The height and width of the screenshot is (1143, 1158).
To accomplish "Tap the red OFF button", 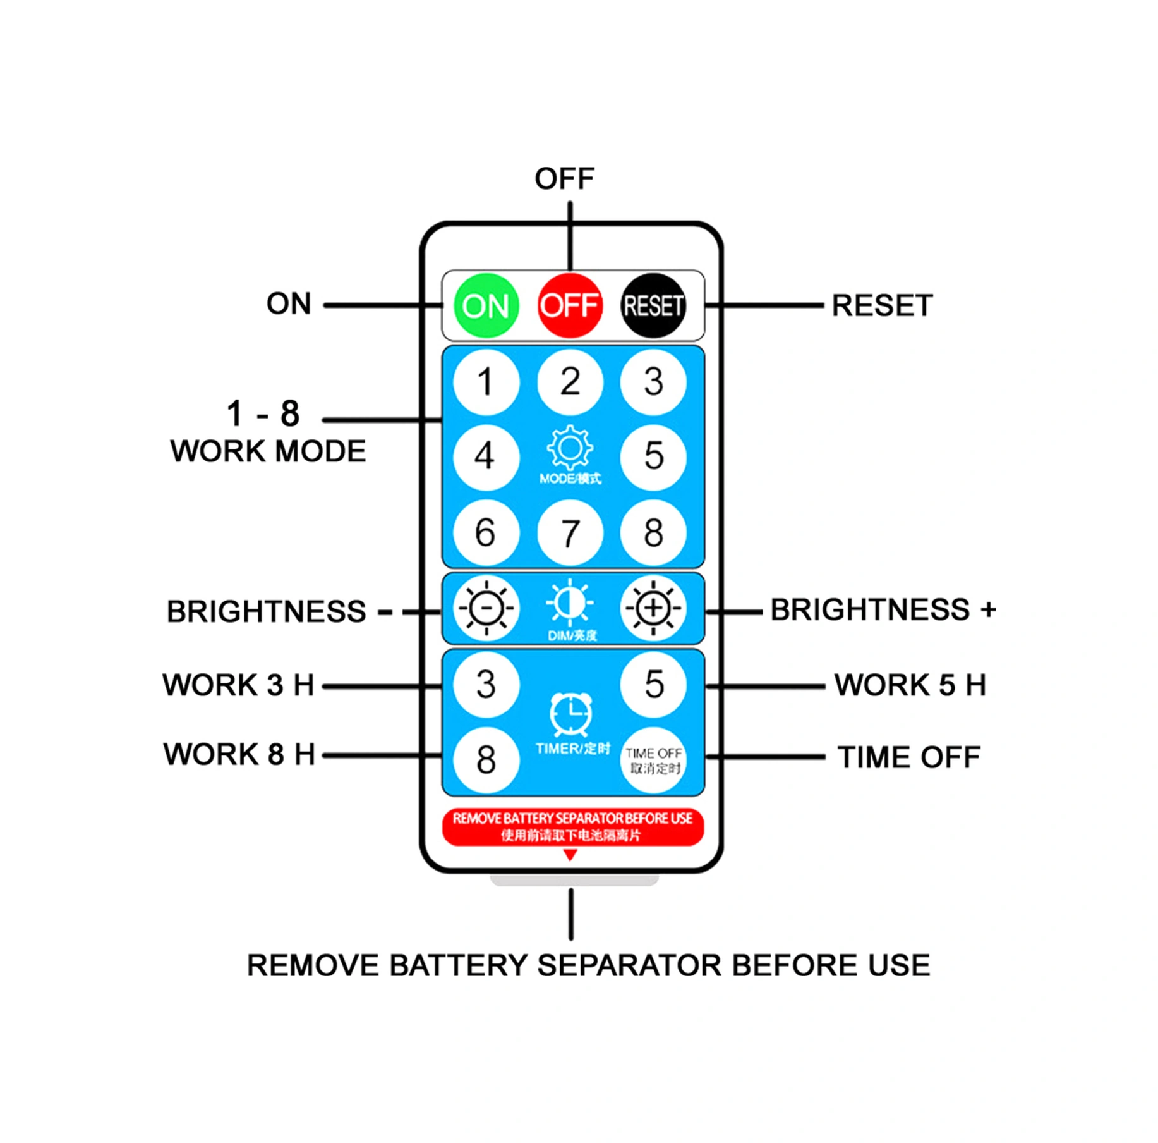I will click(569, 306).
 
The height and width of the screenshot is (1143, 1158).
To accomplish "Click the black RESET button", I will click(653, 306).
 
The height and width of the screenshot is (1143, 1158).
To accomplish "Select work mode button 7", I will click(569, 533).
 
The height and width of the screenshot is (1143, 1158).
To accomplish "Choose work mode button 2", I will click(569, 382).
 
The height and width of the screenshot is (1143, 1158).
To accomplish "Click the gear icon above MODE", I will click(569, 448).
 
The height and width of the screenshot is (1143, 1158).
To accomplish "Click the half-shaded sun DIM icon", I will click(569, 602).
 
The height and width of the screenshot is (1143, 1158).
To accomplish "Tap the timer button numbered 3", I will click(485, 685).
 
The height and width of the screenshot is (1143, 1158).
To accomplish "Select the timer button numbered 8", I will click(485, 759).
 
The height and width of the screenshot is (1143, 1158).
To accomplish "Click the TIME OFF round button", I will click(653, 761).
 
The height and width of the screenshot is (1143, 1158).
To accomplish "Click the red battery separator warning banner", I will click(572, 826).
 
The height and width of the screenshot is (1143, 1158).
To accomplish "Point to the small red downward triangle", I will click(570, 855).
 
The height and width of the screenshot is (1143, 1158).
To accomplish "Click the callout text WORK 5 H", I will click(910, 685).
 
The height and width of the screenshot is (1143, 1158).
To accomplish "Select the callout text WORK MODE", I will click(268, 451).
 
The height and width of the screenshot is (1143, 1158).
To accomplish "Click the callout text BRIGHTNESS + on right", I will click(883, 610).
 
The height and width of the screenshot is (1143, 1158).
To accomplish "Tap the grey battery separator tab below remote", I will click(574, 879).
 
